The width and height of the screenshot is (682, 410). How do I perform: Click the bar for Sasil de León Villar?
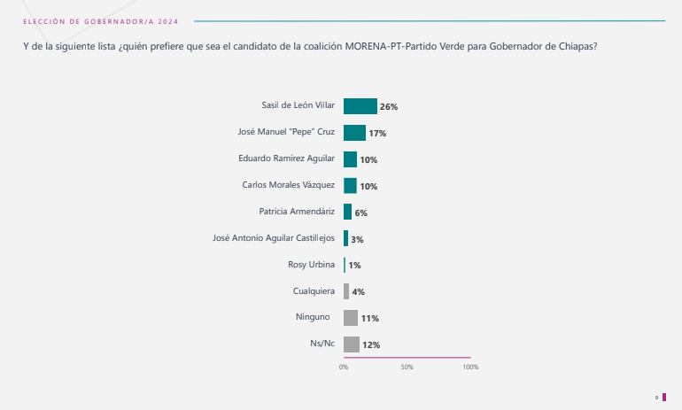point(360,106)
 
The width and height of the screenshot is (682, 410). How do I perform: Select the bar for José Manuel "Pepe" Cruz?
point(354,133)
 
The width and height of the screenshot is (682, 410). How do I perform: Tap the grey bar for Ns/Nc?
point(351,344)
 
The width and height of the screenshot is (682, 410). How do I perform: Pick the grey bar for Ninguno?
point(350,318)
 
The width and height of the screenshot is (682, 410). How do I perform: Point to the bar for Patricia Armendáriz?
point(347,213)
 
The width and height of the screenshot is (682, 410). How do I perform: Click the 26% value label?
point(388,107)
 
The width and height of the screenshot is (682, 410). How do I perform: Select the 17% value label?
point(377,134)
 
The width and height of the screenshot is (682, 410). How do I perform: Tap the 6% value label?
point(360,213)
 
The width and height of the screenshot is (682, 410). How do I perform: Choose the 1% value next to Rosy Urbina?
point(354,266)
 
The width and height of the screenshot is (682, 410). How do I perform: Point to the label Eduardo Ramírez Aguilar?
point(286,159)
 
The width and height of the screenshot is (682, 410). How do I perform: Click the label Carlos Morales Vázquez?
point(288,185)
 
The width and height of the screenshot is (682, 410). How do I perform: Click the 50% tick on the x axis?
point(407,367)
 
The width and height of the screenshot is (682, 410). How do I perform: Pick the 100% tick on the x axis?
point(470,367)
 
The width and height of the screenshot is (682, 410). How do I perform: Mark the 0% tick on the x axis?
point(344,367)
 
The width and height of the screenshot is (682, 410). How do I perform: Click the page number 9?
point(656,398)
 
